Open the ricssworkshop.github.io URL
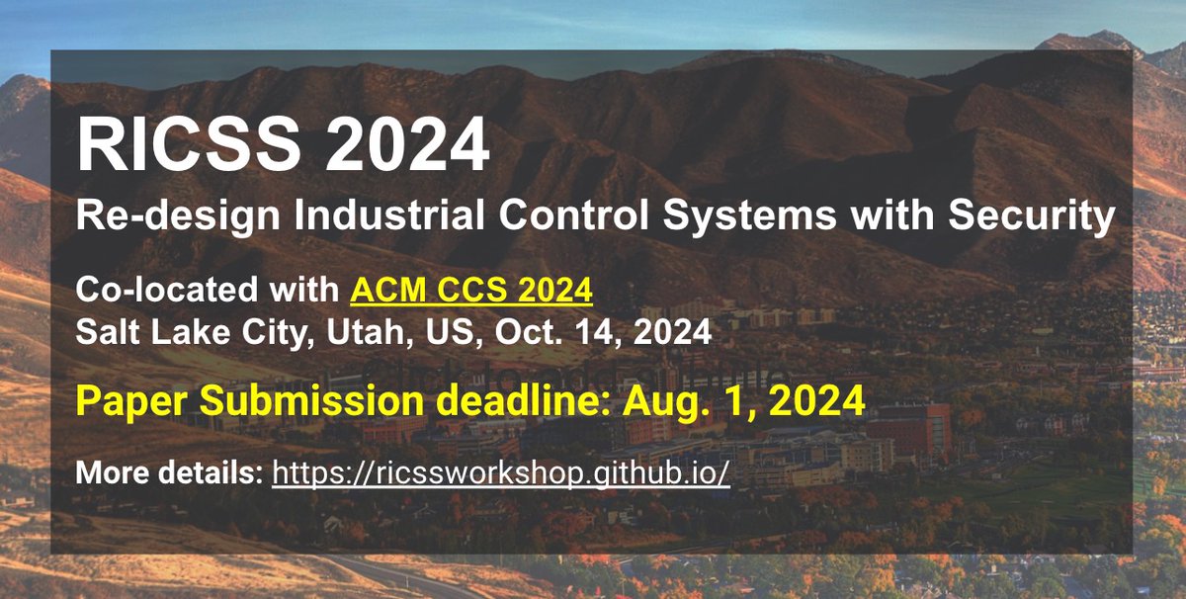(x=500, y=473)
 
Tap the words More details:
(x=169, y=473)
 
